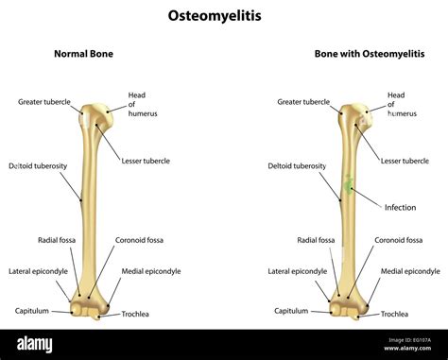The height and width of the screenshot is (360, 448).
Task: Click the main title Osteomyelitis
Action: coord(223,15)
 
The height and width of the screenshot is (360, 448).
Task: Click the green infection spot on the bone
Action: coord(350,186)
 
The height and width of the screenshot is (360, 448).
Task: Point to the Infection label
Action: coord(400,206)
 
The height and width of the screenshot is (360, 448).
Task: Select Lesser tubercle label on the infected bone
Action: coord(405,161)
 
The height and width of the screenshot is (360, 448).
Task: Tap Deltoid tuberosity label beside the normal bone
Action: coord(38,165)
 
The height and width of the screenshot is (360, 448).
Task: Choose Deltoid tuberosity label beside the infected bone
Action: coord(298,165)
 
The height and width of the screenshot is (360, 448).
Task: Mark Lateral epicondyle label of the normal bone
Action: coord(39,271)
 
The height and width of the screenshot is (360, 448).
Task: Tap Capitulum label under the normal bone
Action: coord(32,310)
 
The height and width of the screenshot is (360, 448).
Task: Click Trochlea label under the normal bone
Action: coord(135,314)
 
